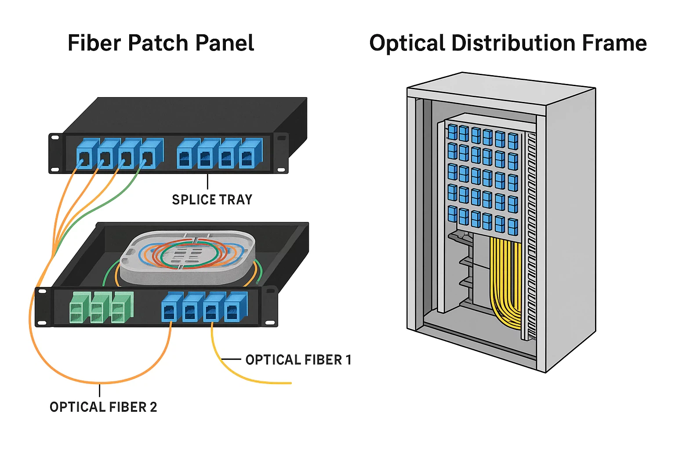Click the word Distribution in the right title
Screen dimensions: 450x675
(513, 43)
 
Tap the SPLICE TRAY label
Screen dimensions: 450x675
(212, 200)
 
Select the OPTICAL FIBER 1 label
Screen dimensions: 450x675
(298, 360)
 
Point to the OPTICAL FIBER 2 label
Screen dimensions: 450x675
(103, 407)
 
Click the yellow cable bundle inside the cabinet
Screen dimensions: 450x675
(505, 281)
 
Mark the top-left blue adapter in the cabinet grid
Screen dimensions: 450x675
(453, 131)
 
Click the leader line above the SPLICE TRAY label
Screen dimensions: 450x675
(207, 181)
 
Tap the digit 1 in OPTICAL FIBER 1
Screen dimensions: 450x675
(348, 360)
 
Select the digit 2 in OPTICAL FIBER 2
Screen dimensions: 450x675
(153, 407)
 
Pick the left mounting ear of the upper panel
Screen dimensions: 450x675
(55, 153)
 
